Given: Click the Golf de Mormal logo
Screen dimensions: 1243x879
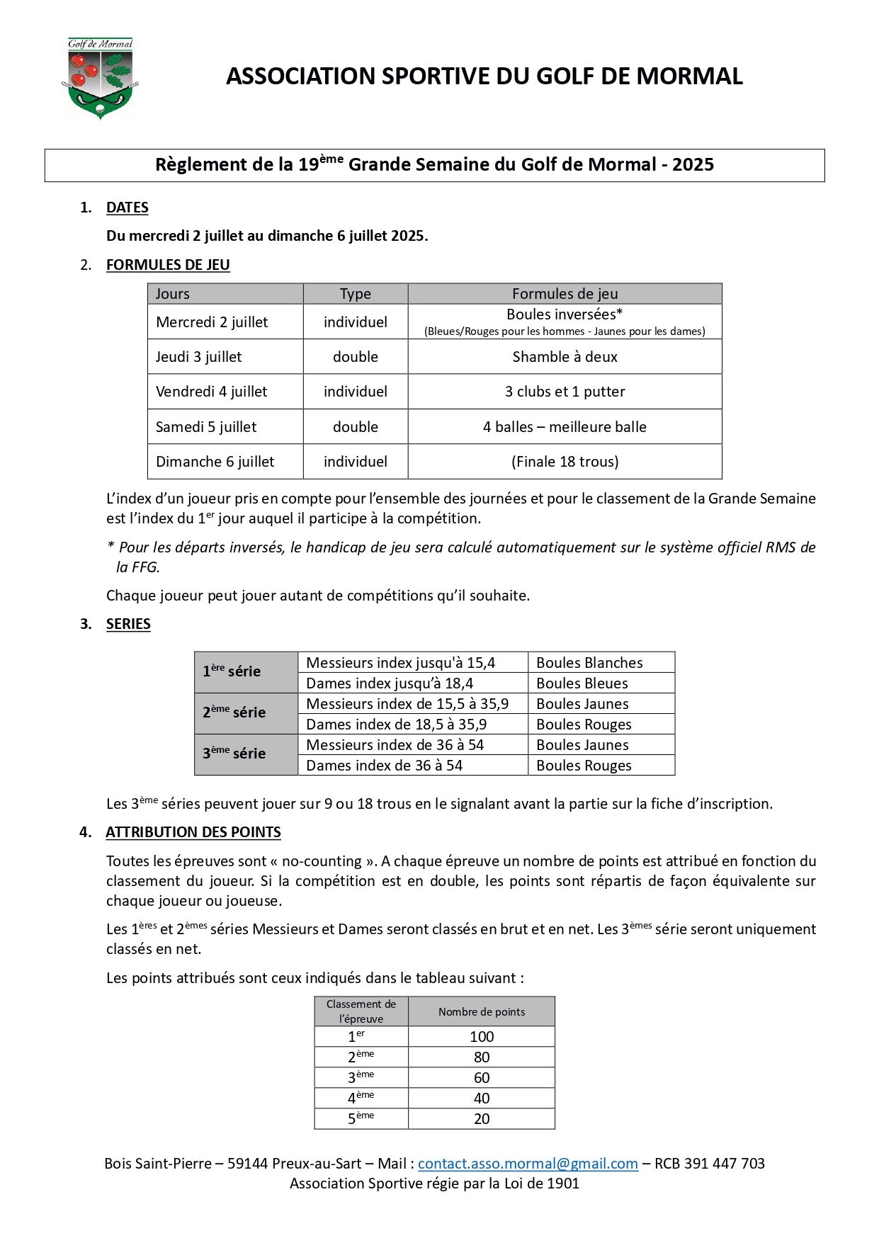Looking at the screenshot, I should click(x=100, y=79).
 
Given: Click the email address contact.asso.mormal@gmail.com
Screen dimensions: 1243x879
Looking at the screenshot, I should click(x=528, y=1163).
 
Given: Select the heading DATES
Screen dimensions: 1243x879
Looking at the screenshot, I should click(x=127, y=208).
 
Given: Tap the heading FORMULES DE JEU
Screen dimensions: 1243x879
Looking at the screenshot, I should click(x=168, y=265).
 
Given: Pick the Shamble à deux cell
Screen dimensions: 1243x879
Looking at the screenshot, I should click(x=565, y=357).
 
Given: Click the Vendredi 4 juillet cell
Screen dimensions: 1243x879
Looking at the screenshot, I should click(x=212, y=392).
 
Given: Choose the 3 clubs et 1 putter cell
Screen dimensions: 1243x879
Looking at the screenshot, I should click(x=565, y=392).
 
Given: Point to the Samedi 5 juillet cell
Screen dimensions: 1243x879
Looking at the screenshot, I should click(x=206, y=427).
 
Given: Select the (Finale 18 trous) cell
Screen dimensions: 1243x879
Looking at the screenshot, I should click(x=565, y=462).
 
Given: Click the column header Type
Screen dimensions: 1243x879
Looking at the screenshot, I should click(x=355, y=294).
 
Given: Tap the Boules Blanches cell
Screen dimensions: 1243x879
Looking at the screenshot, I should click(x=589, y=663).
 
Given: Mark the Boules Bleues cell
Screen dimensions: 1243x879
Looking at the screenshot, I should click(x=582, y=683).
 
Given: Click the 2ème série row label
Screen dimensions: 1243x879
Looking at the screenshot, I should click(x=234, y=713).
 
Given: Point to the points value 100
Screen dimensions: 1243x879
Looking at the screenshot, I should click(x=482, y=1037).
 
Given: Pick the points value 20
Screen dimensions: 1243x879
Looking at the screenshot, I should click(x=482, y=1119).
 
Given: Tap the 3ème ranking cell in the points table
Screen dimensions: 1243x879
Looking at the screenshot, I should click(x=361, y=1078).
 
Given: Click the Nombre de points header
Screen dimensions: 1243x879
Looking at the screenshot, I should click(x=482, y=1012).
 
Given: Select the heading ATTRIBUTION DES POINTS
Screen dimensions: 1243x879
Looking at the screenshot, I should click(x=193, y=832).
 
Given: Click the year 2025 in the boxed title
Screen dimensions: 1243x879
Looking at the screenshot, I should click(x=693, y=165).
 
